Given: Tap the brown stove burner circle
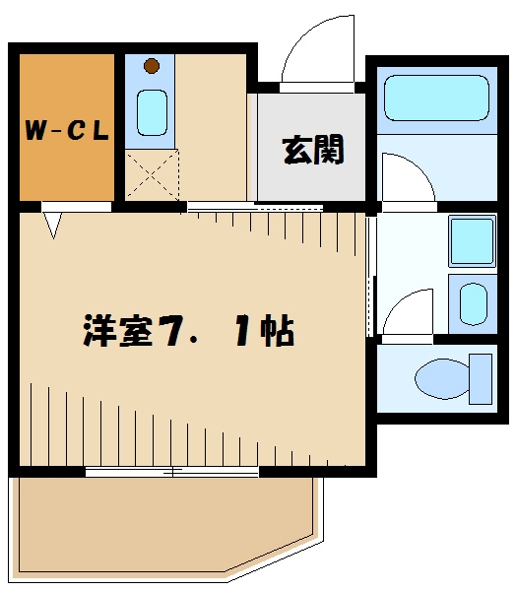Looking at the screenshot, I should [x=151, y=67].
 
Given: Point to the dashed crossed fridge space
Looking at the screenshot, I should [x=151, y=174].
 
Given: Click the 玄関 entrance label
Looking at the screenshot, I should [x=313, y=150].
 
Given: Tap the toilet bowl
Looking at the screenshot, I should [x=442, y=379].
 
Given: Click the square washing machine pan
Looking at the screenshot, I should [x=472, y=241].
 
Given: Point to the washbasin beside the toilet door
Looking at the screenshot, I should [x=471, y=304].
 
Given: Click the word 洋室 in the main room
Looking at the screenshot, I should [x=117, y=330].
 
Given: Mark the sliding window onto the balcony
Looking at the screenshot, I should [x=172, y=472].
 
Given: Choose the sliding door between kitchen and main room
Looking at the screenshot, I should [x=254, y=207].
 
